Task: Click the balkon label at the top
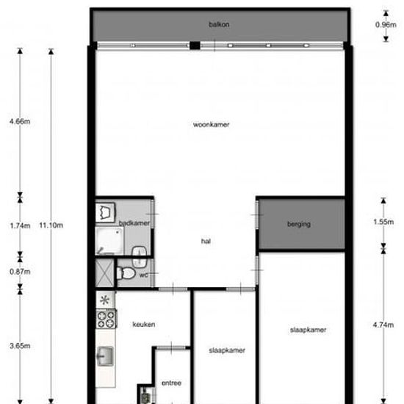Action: (x=219, y=24)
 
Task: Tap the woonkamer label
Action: (x=211, y=125)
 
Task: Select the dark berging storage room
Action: (x=300, y=223)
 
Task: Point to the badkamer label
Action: (x=134, y=223)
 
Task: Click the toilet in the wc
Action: (x=126, y=273)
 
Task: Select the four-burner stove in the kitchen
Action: (x=107, y=319)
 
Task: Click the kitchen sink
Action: (x=106, y=356)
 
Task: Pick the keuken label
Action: (x=143, y=324)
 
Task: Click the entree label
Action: (x=171, y=383)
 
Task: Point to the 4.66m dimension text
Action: (x=20, y=121)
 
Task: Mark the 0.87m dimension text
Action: (x=20, y=271)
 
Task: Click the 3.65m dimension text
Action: (x=20, y=345)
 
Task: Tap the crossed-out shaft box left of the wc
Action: (x=106, y=273)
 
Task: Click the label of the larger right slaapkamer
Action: (x=308, y=330)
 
